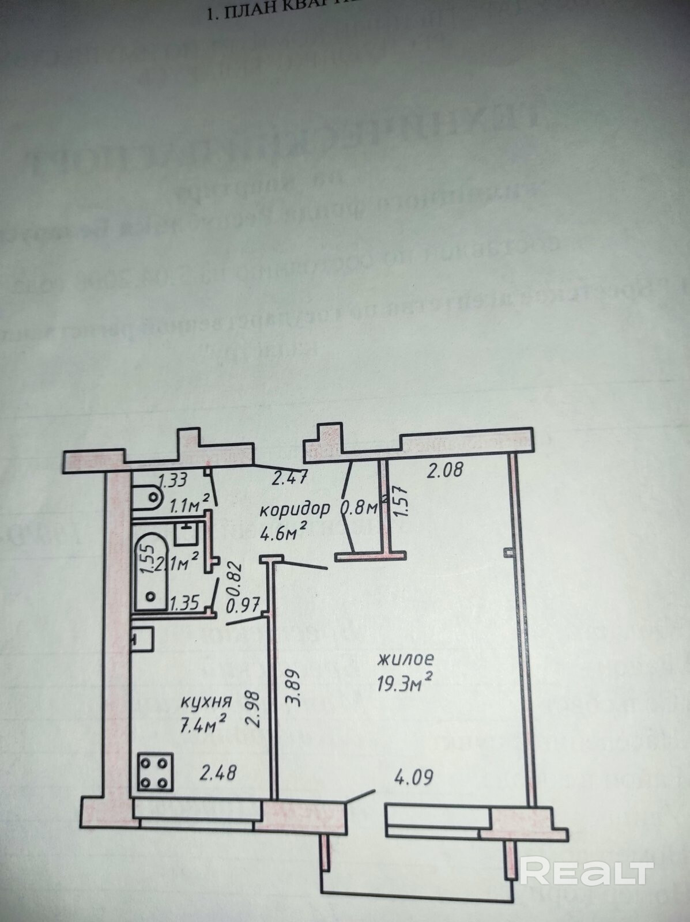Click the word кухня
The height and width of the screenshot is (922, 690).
pyautogui.click(x=206, y=702)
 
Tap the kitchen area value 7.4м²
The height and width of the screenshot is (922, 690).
pyautogui.click(x=203, y=724)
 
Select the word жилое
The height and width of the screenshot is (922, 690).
pyautogui.click(x=405, y=659)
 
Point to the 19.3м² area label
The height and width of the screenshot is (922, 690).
pyautogui.click(x=405, y=683)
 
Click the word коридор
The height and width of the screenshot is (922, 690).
pyautogui.click(x=295, y=509)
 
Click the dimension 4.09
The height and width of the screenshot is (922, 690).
pyautogui.click(x=413, y=778)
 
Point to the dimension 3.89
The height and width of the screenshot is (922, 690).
pyautogui.click(x=293, y=686)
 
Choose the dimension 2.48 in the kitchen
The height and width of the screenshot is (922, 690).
pyautogui.click(x=218, y=772)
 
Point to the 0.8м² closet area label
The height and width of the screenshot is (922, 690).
pyautogui.click(x=363, y=508)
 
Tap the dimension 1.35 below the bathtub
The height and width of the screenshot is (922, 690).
pyautogui.click(x=184, y=603)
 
